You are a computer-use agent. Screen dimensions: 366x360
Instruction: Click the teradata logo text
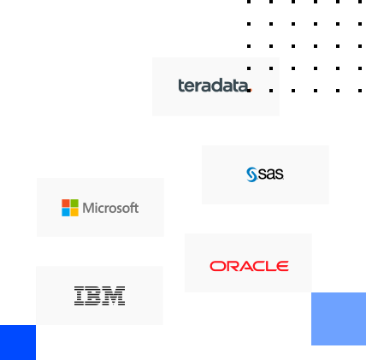pyautogui.click(x=214, y=86)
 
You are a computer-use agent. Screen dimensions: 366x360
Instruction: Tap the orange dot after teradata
pyautogui.click(x=251, y=91)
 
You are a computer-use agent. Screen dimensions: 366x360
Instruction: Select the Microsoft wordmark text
pyautogui.click(x=110, y=208)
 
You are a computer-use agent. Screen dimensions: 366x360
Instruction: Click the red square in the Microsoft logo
pyautogui.click(x=66, y=204)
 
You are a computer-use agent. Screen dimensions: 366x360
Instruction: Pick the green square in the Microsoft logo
pyautogui.click(x=74, y=204)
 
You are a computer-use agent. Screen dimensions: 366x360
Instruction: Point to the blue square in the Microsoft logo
pyautogui.click(x=66, y=212)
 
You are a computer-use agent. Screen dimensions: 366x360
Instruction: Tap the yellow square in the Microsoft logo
pyautogui.click(x=74, y=212)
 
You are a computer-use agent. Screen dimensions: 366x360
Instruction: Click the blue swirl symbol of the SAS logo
pyautogui.click(x=252, y=174)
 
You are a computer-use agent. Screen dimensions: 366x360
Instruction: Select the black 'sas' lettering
pyautogui.click(x=271, y=174)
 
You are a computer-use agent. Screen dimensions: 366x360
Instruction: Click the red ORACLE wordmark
pyautogui.click(x=249, y=266)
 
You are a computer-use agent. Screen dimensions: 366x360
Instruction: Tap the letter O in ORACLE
pyautogui.click(x=216, y=266)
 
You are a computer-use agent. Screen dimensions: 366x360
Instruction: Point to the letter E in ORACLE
pyautogui.click(x=282, y=266)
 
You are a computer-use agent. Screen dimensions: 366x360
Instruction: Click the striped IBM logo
pyautogui.click(x=99, y=296)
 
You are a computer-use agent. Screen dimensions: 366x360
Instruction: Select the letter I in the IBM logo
pyautogui.click(x=80, y=296)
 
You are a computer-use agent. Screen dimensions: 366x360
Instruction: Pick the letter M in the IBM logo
pyautogui.click(x=114, y=296)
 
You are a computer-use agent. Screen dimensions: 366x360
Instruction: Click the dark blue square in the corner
pyautogui.click(x=18, y=342)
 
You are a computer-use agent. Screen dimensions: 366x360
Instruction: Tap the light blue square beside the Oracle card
pyautogui.click(x=339, y=319)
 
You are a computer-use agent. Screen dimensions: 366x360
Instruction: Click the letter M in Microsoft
pyautogui.click(x=88, y=208)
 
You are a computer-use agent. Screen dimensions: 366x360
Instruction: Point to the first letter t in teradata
pyautogui.click(x=180, y=86)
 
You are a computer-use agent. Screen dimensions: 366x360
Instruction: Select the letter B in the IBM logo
pyautogui.click(x=93, y=296)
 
